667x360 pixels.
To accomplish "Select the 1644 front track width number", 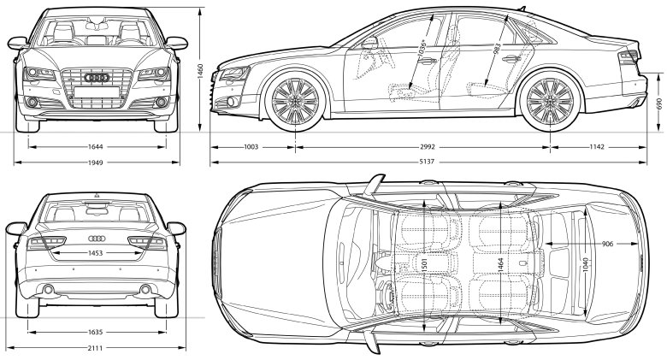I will [x=96, y=147].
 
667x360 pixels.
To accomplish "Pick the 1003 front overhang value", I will [x=250, y=147].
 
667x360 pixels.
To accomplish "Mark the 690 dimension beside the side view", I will [x=658, y=103].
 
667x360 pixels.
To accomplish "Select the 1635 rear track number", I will [x=96, y=332].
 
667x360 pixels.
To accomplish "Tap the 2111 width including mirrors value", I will [x=96, y=348].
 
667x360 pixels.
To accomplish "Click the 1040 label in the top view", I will [x=585, y=266].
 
